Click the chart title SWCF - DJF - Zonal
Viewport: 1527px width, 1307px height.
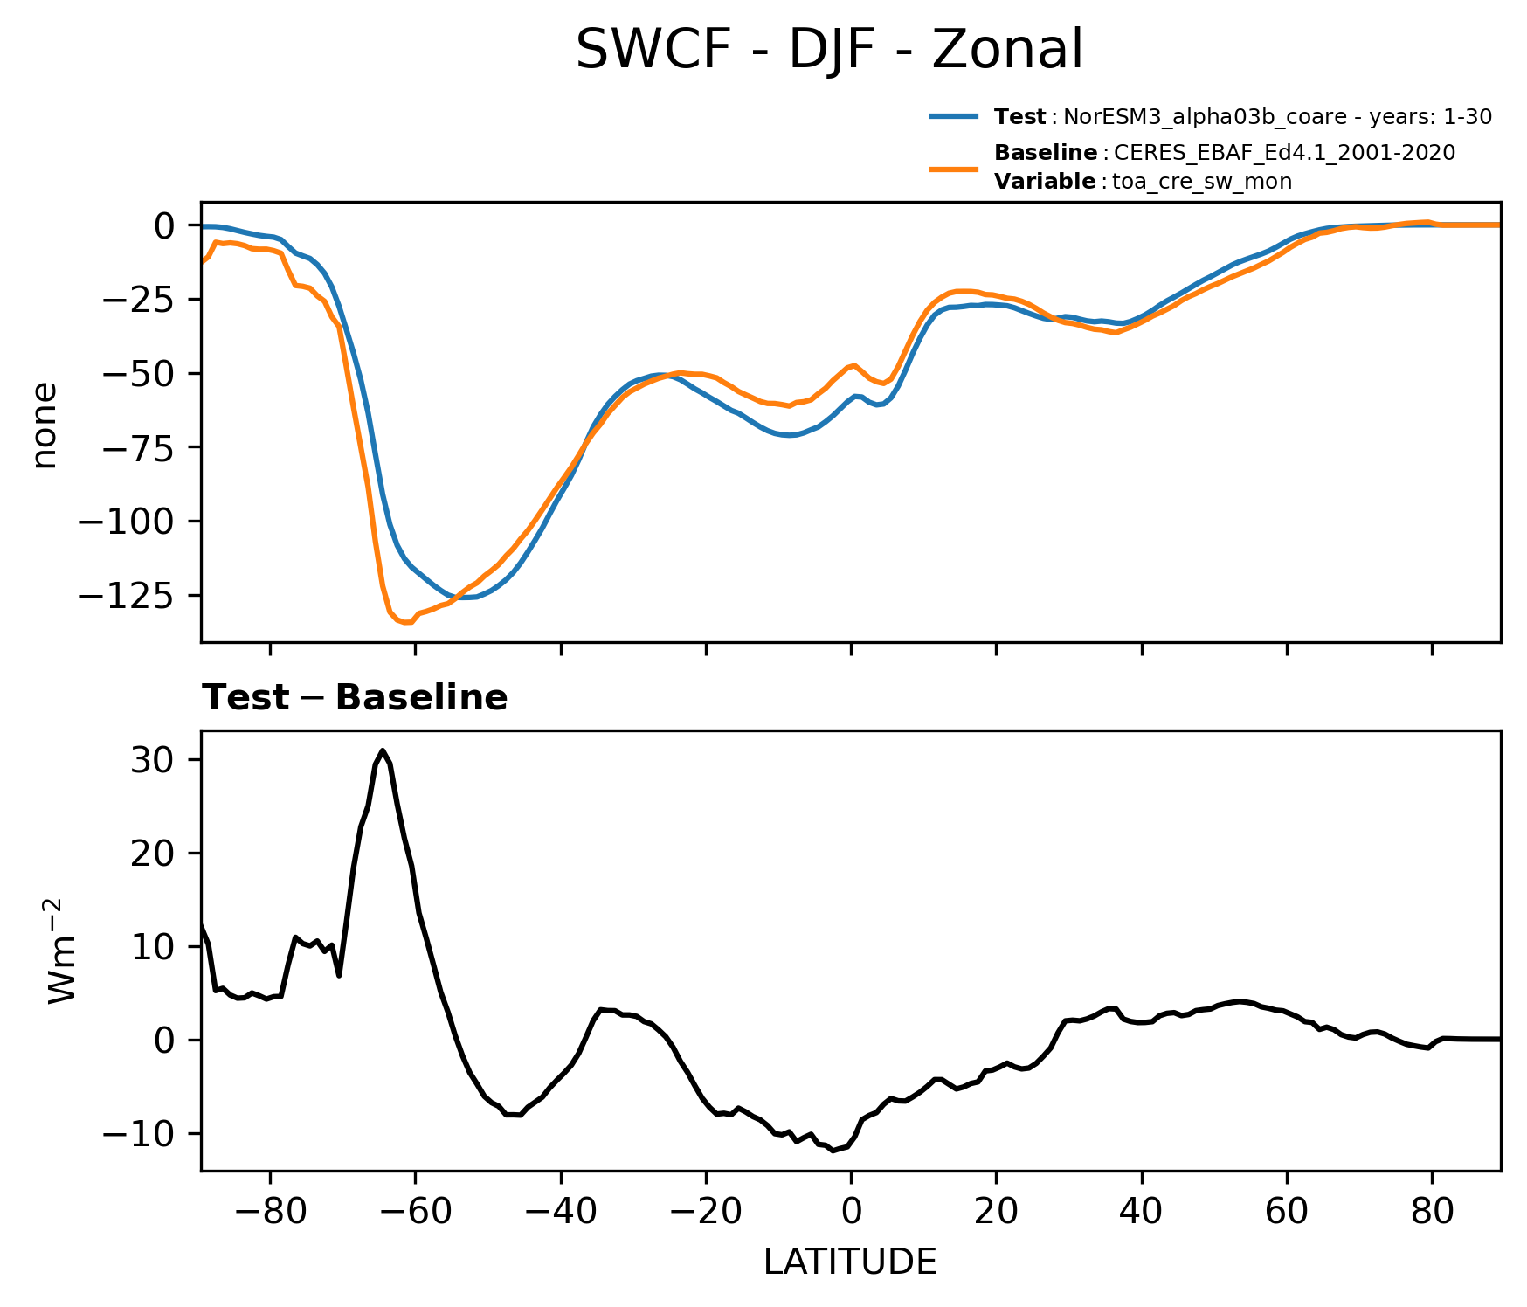pos(829,50)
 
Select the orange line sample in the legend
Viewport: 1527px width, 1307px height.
pos(954,168)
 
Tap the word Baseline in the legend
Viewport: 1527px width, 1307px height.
pos(1046,154)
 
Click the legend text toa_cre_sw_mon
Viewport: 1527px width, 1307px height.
pos(1201,183)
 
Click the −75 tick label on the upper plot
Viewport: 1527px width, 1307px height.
pos(139,447)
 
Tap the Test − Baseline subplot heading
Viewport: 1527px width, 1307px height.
pos(355,698)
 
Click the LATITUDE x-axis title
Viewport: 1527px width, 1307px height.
pos(850,1262)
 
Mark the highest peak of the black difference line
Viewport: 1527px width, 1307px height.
pos(383,750)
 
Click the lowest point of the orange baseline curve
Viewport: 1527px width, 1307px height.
pos(406,623)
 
